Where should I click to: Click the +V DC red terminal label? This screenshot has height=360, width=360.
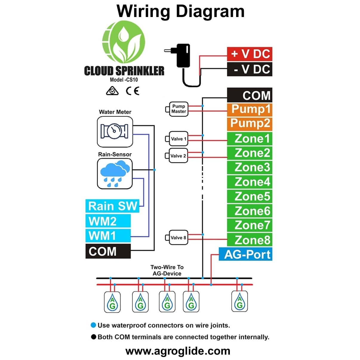click(250, 54)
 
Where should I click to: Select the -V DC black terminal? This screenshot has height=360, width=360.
click(250, 69)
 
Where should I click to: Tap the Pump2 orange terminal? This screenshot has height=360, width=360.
click(250, 123)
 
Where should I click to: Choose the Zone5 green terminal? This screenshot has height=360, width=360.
click(250, 196)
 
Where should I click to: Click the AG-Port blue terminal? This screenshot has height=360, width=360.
click(245, 254)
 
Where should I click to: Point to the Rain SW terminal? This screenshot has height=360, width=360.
click(112, 206)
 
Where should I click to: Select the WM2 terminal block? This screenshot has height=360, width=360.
click(108, 221)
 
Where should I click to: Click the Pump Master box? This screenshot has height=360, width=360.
click(179, 109)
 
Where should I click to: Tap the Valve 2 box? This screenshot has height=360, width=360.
click(178, 156)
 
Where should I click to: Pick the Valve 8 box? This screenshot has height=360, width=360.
click(178, 238)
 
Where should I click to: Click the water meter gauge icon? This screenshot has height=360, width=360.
click(115, 131)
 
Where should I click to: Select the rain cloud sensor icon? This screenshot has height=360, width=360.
click(115, 173)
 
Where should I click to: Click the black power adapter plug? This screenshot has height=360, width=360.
click(183, 56)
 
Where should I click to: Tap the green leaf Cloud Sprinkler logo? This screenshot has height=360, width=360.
click(123, 41)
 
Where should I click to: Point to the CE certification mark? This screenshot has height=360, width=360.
click(132, 91)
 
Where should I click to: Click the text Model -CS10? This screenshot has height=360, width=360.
click(124, 80)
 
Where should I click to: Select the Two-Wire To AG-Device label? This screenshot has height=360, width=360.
click(167, 270)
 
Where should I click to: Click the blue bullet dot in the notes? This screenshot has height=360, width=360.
click(93, 325)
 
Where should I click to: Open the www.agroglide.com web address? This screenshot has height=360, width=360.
click(178, 351)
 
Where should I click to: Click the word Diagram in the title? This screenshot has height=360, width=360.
click(210, 11)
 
